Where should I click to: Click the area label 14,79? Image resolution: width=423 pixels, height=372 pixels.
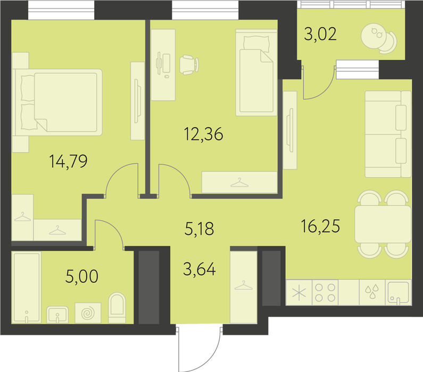pyautogui.click(x=69, y=162)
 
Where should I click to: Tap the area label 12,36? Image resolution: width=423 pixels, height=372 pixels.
pyautogui.click(x=203, y=134)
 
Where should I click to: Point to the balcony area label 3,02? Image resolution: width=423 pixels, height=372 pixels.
pyautogui.click(x=320, y=34)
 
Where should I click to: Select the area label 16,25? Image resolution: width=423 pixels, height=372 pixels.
pyautogui.click(x=320, y=226)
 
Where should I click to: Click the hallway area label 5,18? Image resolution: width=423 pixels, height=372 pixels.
pyautogui.click(x=199, y=229)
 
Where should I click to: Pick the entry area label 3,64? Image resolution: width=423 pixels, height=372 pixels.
pyautogui.click(x=200, y=269)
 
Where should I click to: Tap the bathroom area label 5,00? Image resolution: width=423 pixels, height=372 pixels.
pyautogui.click(x=82, y=276)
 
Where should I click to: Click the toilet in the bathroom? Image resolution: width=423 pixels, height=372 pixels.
pyautogui.click(x=117, y=308)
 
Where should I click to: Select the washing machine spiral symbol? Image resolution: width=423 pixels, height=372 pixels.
pyautogui.click(x=88, y=312)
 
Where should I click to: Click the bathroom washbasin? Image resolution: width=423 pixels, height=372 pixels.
pyautogui.click(x=57, y=315)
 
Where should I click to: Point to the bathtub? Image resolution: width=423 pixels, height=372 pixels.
pyautogui.click(x=27, y=288)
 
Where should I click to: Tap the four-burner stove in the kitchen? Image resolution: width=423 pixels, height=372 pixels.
pyautogui.click(x=325, y=292)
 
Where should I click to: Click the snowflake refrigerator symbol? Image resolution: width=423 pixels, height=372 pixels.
pyautogui.click(x=299, y=292)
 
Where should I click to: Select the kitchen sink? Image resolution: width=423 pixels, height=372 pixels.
pyautogui.click(x=399, y=292)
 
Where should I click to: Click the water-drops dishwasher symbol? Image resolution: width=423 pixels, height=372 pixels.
pyautogui.click(x=372, y=292)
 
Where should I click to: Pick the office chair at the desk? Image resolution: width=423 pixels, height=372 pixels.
pyautogui.click(x=189, y=65)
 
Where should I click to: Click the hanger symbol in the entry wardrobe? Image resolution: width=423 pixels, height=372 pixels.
pyautogui.click(x=244, y=285)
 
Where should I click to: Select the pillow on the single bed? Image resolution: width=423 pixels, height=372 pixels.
pyautogui.click(x=256, y=44)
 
